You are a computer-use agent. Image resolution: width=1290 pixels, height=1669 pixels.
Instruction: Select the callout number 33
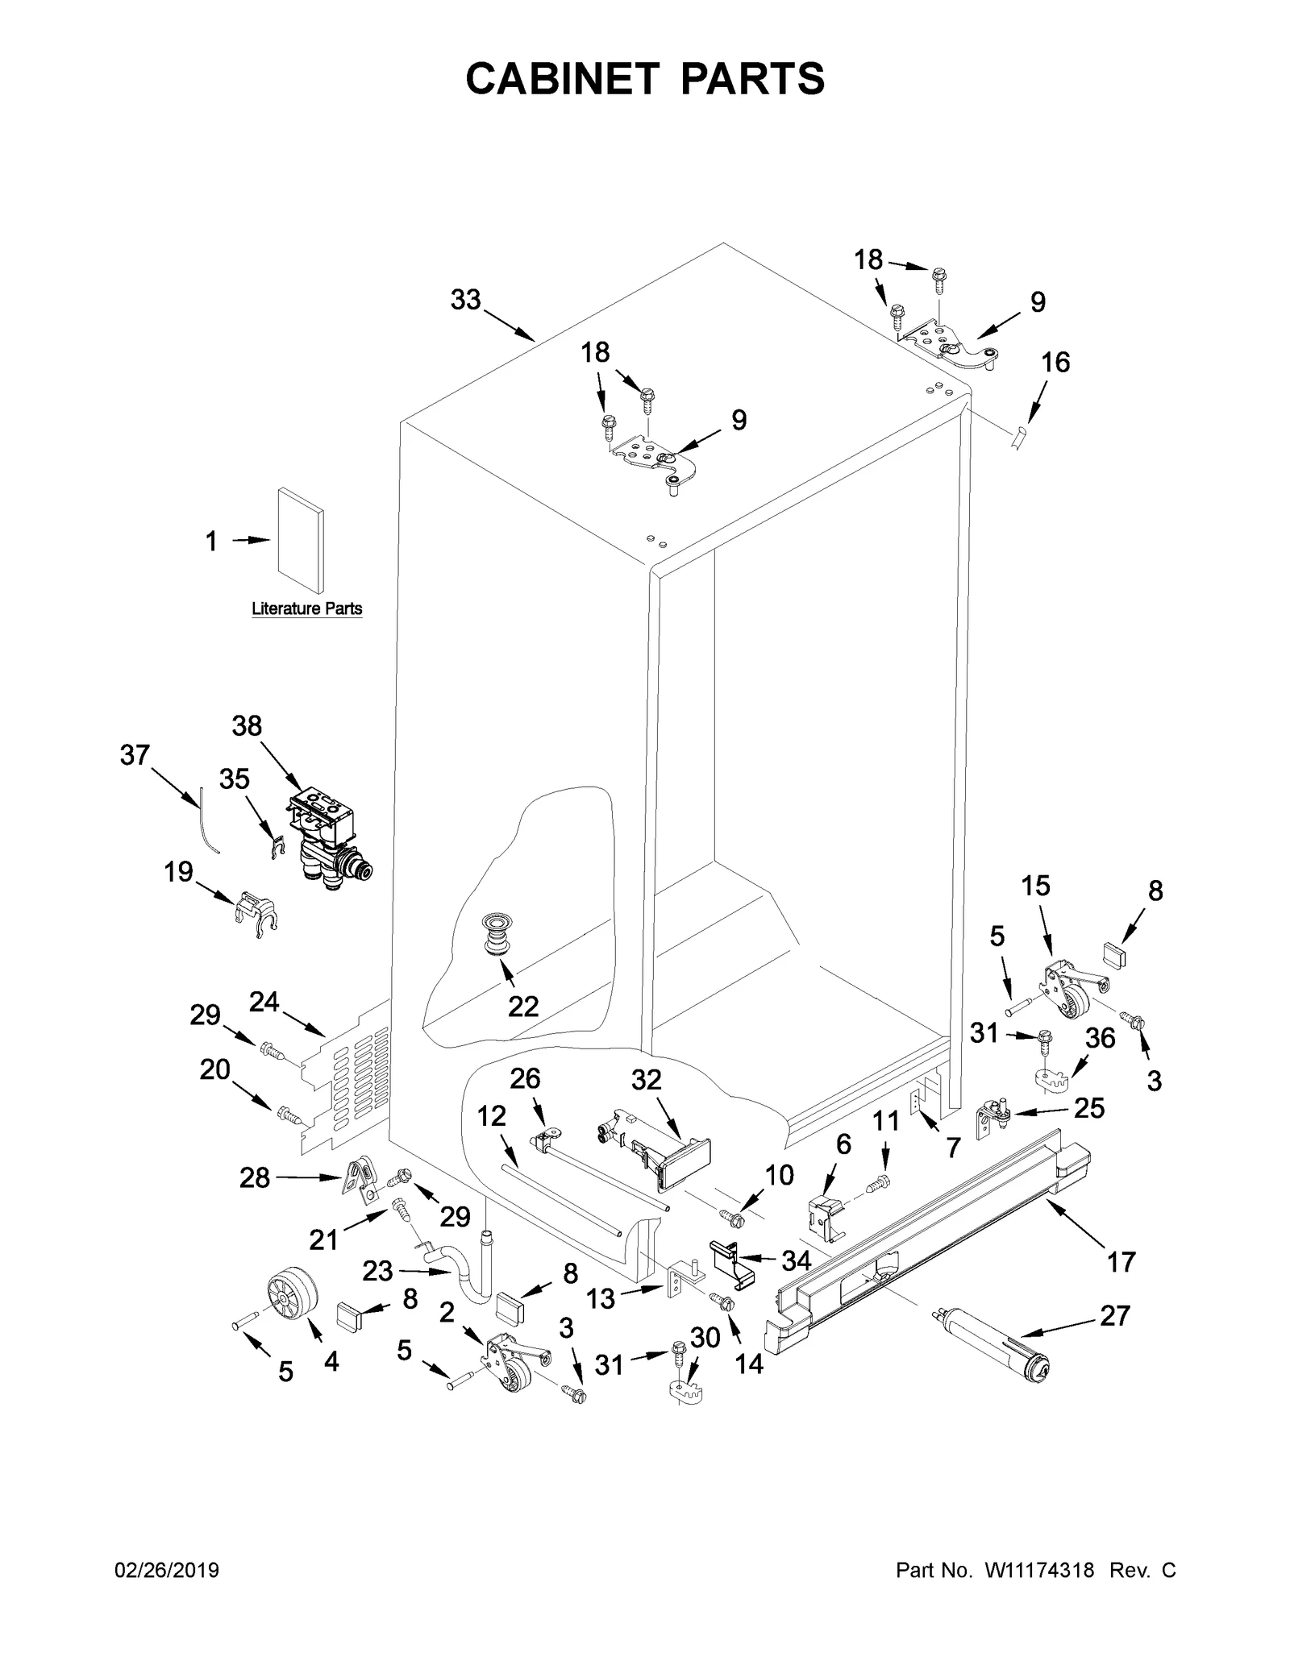(x=465, y=300)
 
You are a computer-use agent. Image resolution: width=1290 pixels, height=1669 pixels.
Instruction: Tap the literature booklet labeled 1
(x=301, y=540)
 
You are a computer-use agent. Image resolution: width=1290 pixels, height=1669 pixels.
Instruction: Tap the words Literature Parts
(x=306, y=608)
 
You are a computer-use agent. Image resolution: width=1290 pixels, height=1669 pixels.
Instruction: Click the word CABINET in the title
(x=560, y=79)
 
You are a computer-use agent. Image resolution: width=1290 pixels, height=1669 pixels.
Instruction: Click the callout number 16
(x=1055, y=363)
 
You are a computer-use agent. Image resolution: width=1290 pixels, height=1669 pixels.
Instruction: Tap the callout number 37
(x=135, y=755)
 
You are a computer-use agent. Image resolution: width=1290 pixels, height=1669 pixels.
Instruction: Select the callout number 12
(x=491, y=1116)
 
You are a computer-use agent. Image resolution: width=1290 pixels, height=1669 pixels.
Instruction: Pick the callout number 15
(x=1035, y=886)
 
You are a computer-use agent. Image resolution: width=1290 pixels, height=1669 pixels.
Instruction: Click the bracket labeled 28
(x=361, y=1181)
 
